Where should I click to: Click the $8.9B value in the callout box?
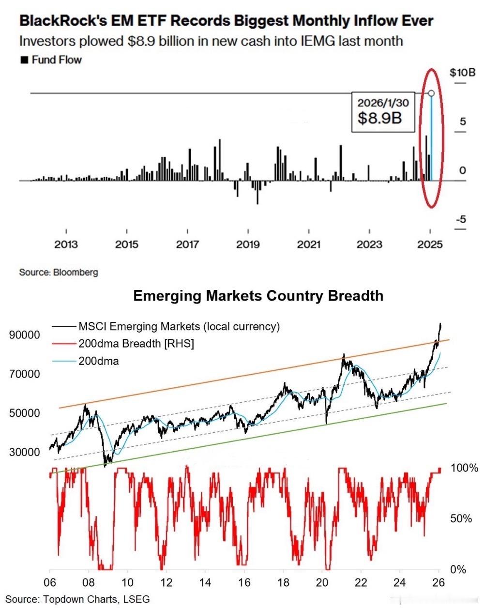click(379, 118)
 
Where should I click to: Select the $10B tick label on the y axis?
click(462, 73)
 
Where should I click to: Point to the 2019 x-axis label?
click(248, 244)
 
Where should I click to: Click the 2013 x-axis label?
click(66, 244)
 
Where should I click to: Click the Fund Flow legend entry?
click(51, 60)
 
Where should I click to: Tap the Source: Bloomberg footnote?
click(59, 272)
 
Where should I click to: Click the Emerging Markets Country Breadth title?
click(258, 296)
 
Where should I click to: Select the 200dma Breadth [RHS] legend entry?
click(136, 344)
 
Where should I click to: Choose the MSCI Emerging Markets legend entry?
click(179, 327)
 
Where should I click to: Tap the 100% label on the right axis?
click(464, 468)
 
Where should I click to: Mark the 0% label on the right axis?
click(458, 570)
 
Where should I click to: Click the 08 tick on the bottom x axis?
click(89, 583)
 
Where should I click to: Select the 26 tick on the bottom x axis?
click(439, 583)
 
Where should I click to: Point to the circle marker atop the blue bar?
click(431, 93)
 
